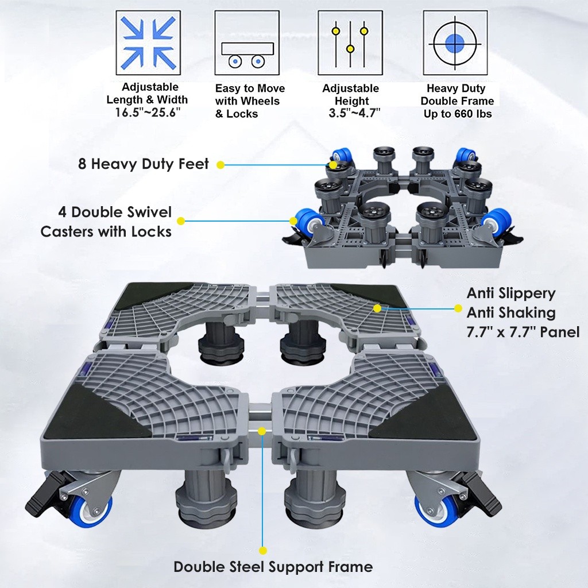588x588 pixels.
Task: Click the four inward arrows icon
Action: pyautogui.click(x=148, y=42)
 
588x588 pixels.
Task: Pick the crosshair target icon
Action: pyautogui.click(x=455, y=42)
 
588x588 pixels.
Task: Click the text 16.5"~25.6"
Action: pyautogui.click(x=148, y=112)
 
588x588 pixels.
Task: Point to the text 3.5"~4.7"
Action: pyautogui.click(x=354, y=113)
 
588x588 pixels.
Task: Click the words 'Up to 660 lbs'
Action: pyautogui.click(x=458, y=114)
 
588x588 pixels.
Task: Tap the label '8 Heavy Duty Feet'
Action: pyautogui.click(x=143, y=164)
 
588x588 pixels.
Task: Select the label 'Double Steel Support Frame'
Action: pyautogui.click(x=273, y=567)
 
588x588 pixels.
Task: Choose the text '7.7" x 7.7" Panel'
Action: pyautogui.click(x=523, y=332)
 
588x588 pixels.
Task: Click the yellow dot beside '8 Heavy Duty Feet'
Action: pyautogui.click(x=220, y=165)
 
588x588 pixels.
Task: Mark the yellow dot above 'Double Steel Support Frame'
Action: pyautogui.click(x=263, y=551)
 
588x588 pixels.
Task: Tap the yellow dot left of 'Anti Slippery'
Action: pyautogui.click(x=458, y=308)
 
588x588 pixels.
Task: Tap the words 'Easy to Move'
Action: pyautogui.click(x=250, y=89)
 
